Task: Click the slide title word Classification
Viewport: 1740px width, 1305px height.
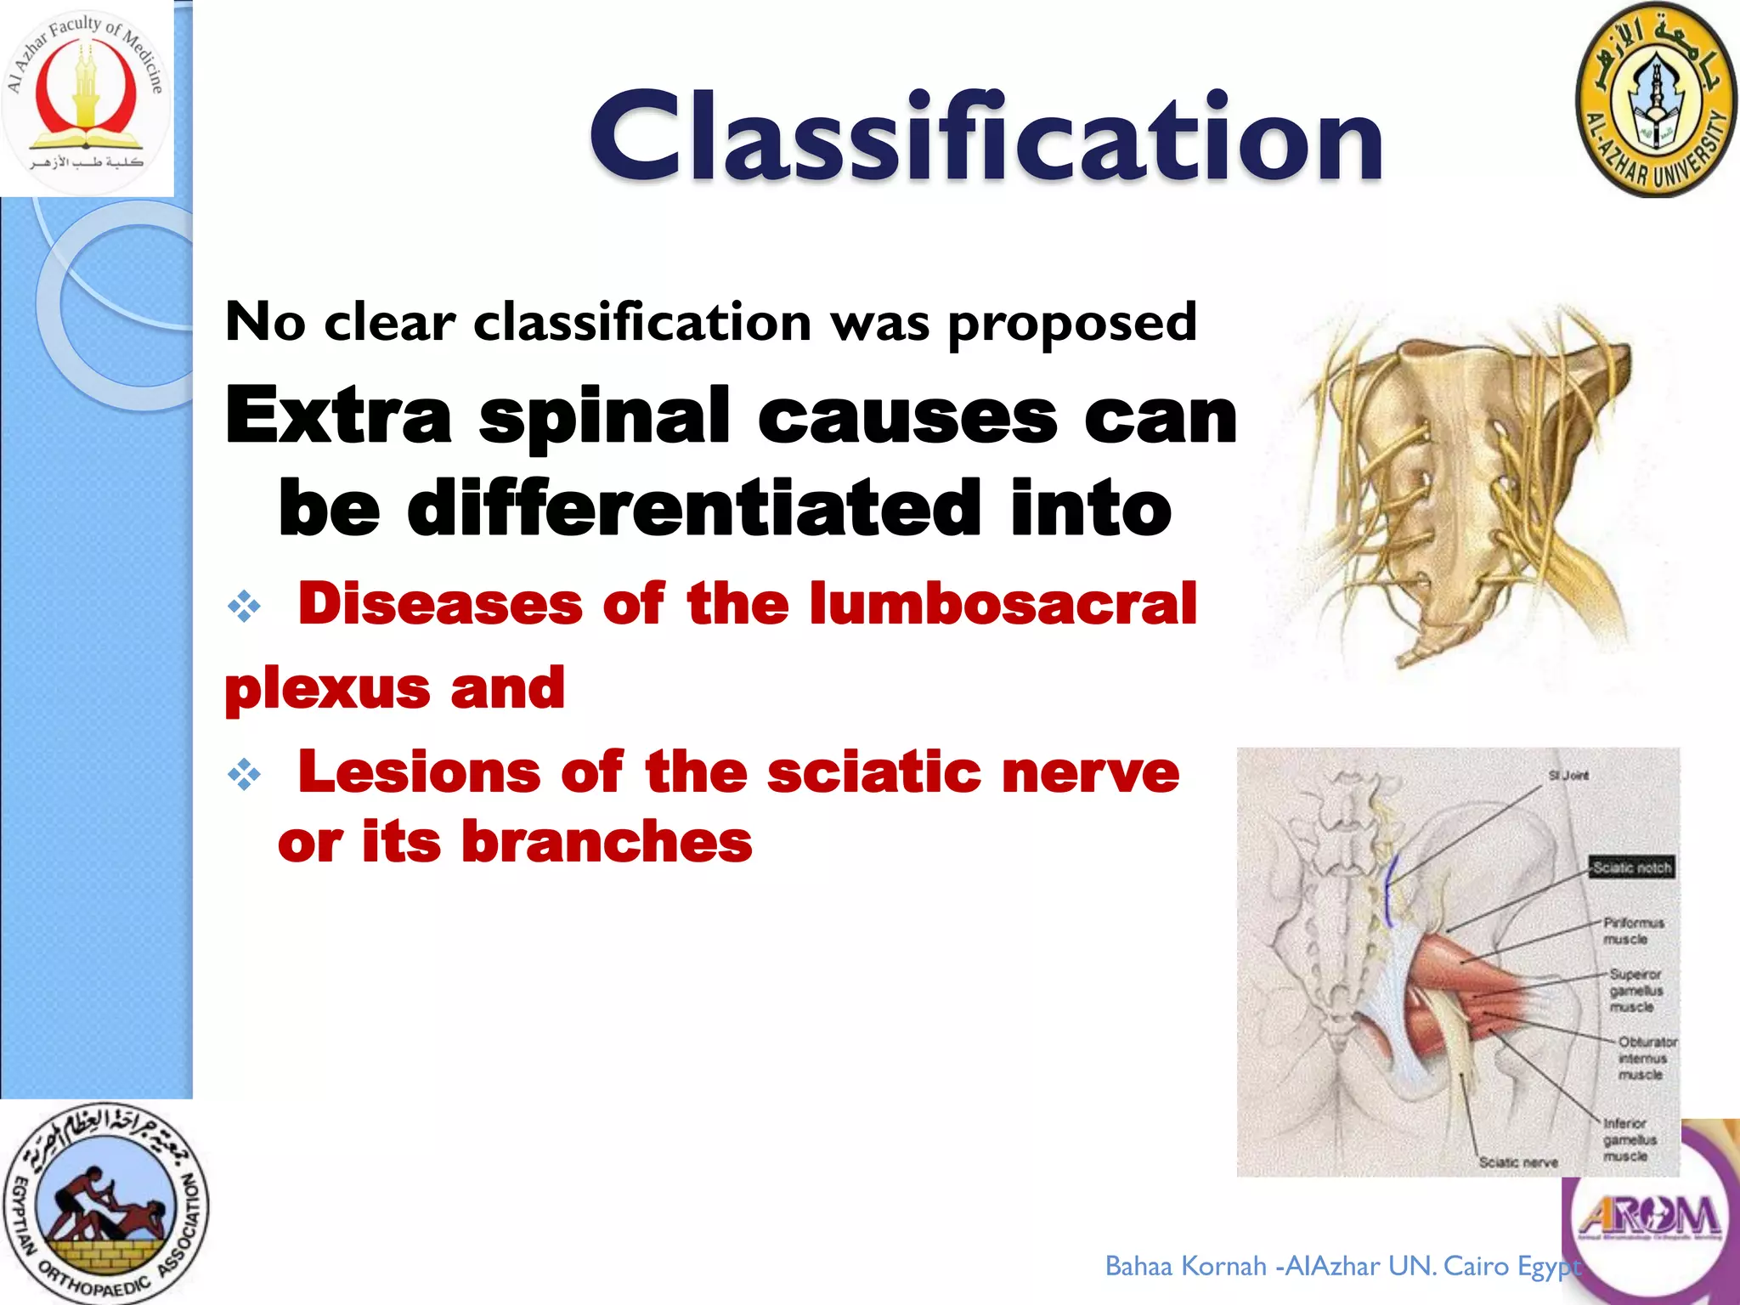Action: [986, 138]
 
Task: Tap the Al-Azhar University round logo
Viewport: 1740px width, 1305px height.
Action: [1655, 100]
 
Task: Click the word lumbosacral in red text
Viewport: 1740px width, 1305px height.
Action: [1003, 604]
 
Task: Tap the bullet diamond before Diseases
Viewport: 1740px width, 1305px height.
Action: [245, 607]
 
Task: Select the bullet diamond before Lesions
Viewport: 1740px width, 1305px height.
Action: [245, 775]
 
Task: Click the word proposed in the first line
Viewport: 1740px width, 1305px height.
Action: [1072, 323]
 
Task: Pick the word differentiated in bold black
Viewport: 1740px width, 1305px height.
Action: [693, 508]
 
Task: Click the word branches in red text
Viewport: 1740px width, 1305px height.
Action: [607, 842]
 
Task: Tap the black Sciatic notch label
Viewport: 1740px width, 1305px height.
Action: [1631, 867]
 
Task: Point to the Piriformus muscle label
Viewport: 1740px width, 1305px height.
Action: [1633, 930]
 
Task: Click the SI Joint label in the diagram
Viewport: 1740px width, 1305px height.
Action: [1568, 775]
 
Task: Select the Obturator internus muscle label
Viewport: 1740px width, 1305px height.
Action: [1646, 1058]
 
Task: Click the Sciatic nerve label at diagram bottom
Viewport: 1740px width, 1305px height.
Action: [1517, 1162]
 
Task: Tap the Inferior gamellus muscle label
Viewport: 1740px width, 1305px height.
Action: [1630, 1139]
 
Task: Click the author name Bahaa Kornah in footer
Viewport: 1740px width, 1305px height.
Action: [1186, 1267]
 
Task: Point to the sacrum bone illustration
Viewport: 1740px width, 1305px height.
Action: [1461, 493]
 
